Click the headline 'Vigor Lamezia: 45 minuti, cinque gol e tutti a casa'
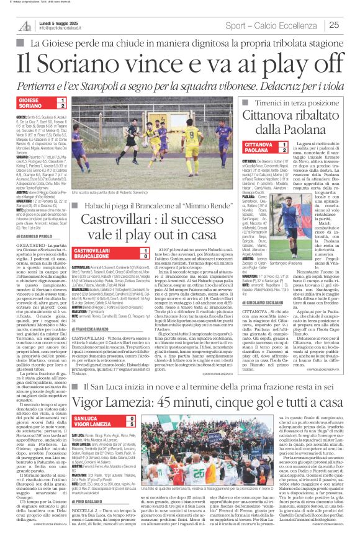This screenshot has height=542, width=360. click(x=179, y=384)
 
